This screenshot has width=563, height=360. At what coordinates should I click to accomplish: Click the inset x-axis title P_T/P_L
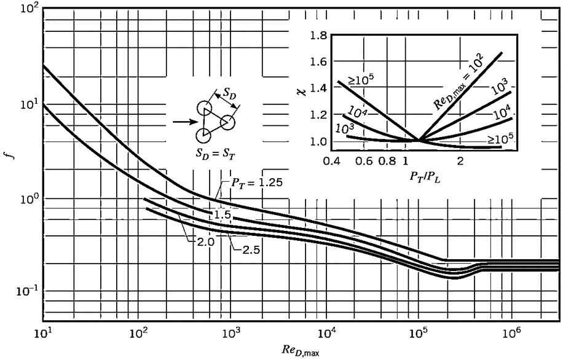[x=422, y=177]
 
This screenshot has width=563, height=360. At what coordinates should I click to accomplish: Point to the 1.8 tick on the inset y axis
[x=315, y=37]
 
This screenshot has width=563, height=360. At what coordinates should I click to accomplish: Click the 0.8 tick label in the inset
[x=388, y=160]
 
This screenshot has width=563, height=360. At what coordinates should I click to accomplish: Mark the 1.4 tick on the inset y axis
[x=315, y=89]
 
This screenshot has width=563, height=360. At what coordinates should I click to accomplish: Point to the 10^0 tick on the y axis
[x=24, y=198]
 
